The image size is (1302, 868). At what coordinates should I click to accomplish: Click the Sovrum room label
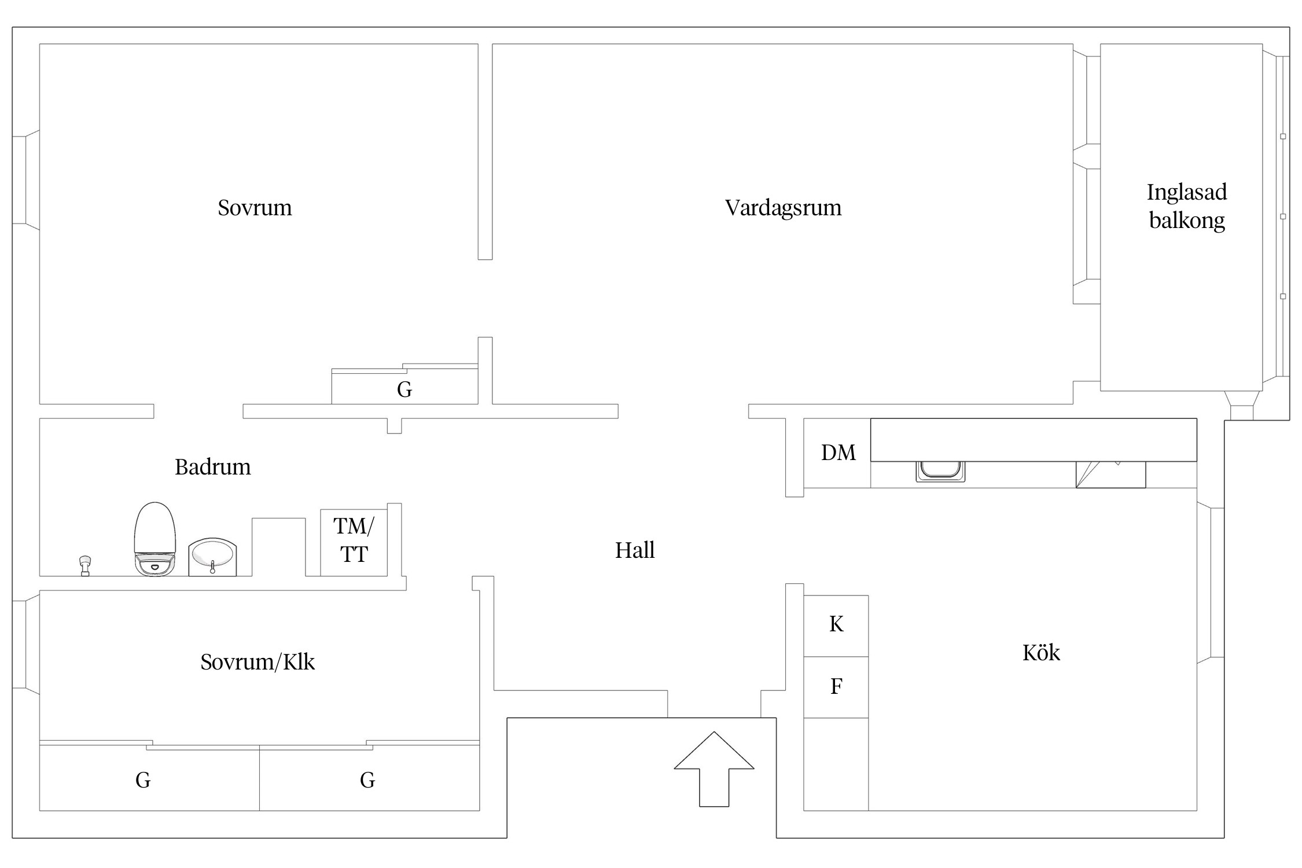255,208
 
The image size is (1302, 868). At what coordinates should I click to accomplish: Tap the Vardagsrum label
783,208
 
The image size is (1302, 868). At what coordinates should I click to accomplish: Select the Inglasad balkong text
1186,206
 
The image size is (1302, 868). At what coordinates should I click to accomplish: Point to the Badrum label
212,467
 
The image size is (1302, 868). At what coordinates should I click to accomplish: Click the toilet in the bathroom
155,539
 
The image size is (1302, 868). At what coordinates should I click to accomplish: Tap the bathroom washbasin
212,557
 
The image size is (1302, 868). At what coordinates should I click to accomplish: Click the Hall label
634,550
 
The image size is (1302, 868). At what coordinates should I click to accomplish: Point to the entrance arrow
713,769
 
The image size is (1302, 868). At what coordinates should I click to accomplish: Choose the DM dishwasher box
837,453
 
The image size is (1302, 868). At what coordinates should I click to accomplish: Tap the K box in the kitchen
836,625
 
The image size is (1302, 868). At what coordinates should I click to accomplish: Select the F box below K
836,687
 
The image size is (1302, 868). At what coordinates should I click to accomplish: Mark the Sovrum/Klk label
258,662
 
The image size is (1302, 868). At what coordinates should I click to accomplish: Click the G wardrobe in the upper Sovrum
404,389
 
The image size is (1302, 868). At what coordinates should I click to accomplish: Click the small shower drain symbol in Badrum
85,565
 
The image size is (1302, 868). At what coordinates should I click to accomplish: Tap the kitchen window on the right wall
1212,582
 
